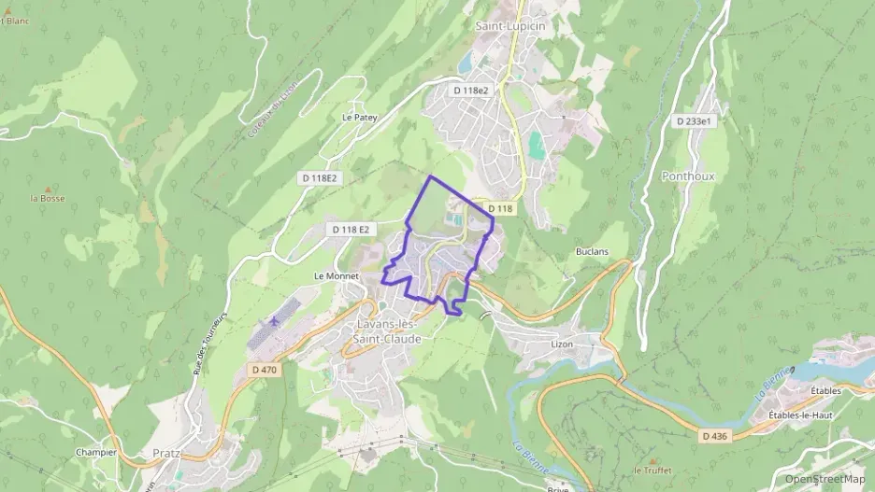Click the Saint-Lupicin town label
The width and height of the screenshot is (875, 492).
tap(509, 26)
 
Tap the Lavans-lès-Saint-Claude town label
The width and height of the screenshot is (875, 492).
tap(389, 331)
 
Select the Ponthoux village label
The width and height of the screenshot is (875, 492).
tap(687, 176)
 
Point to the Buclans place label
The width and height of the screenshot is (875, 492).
tap(592, 252)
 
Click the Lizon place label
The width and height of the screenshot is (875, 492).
tap(562, 344)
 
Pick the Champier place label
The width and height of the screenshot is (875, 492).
tap(96, 452)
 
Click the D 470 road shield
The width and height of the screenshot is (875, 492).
tap(265, 370)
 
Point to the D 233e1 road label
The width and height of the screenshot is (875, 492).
tap(694, 121)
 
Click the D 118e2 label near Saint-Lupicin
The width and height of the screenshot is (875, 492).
tap(470, 91)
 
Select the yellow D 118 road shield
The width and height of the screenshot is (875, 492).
tap(500, 209)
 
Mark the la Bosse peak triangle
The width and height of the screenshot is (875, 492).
tap(48, 189)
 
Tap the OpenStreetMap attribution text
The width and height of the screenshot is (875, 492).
tap(825, 479)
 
